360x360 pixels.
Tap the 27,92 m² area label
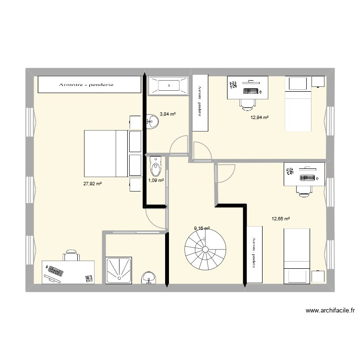[92, 183]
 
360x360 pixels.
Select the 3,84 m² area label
[168, 114]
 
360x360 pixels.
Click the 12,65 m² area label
[281, 219]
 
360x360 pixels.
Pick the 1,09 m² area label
[156, 180]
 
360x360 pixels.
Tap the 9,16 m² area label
[202, 229]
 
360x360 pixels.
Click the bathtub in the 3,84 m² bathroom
[168, 86]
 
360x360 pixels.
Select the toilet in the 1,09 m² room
[156, 167]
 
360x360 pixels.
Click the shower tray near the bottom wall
[120, 271]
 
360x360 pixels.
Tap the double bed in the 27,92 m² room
[107, 154]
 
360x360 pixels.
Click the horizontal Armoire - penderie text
[86, 85]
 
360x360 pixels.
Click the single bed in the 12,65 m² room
[298, 256]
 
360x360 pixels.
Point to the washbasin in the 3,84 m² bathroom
[153, 121]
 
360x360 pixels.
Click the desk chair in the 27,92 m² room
[71, 255]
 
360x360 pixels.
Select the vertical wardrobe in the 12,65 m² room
[254, 254]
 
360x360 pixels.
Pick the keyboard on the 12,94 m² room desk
[252, 90]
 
